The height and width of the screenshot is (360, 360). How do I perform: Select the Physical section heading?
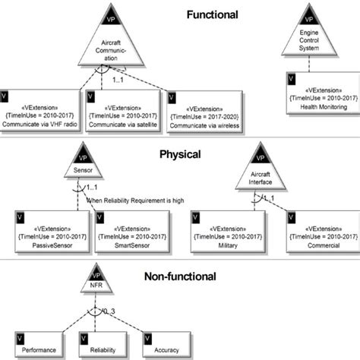coord(180,154)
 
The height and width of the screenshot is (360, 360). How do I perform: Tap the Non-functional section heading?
coord(180,277)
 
